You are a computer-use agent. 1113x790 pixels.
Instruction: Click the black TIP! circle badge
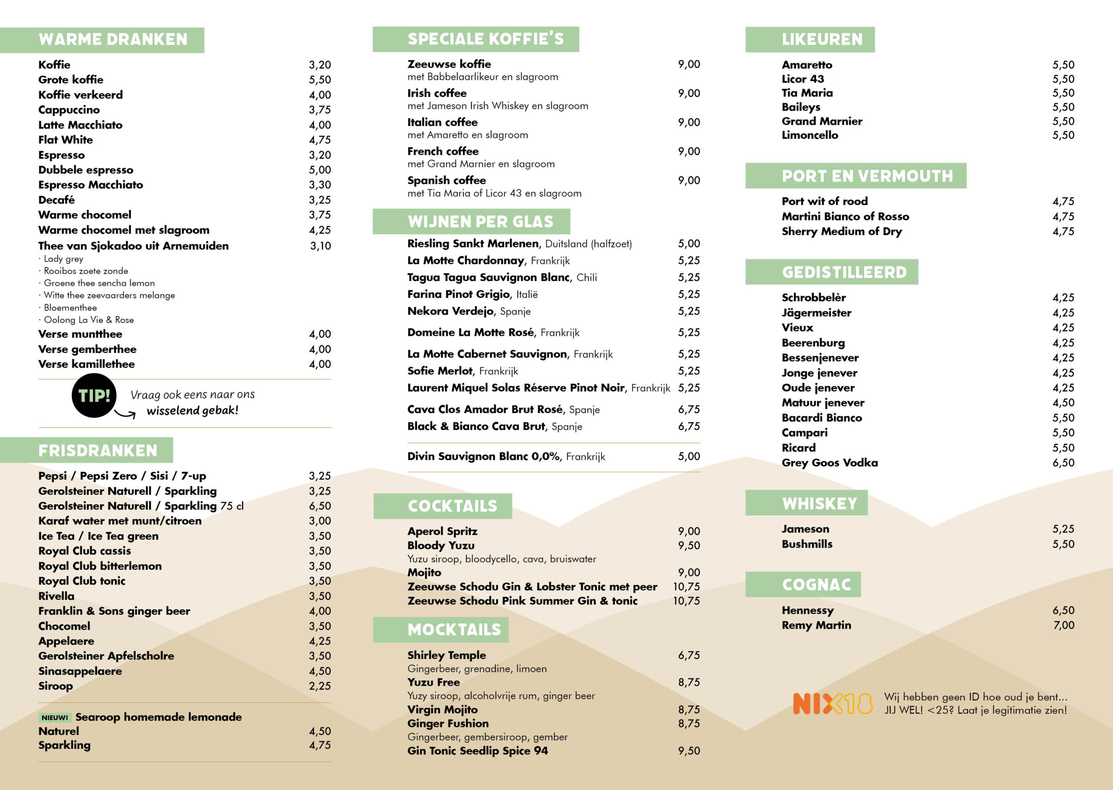tap(94, 396)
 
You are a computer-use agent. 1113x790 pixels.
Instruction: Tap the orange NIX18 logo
tap(832, 704)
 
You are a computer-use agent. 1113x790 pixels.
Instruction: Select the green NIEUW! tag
tap(55, 717)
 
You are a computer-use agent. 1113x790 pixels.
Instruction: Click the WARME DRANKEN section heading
tap(113, 40)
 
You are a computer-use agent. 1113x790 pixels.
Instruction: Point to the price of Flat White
tap(320, 140)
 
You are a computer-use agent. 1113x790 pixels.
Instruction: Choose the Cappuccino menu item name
tap(69, 110)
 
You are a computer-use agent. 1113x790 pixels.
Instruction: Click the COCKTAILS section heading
tap(452, 506)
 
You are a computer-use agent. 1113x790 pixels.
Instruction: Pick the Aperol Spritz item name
tap(442, 531)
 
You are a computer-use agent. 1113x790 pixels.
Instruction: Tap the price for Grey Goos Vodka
tap(1063, 463)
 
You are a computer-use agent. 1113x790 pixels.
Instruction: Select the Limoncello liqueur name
tap(810, 135)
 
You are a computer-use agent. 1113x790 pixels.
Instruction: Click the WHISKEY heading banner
tap(820, 503)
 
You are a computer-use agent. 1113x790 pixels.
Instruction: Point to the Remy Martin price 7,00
tap(1063, 625)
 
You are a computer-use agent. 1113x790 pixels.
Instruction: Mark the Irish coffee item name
tap(437, 93)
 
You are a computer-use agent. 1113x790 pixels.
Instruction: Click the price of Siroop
tap(320, 686)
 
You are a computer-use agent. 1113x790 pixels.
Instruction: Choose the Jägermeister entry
tap(816, 313)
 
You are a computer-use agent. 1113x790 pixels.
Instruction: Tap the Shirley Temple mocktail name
tap(447, 655)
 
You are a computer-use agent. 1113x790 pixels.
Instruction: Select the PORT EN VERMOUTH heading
tap(867, 176)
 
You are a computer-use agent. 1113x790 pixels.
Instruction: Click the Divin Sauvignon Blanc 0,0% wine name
tap(483, 456)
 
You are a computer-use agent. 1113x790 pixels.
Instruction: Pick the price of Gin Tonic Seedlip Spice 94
tap(689, 750)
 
